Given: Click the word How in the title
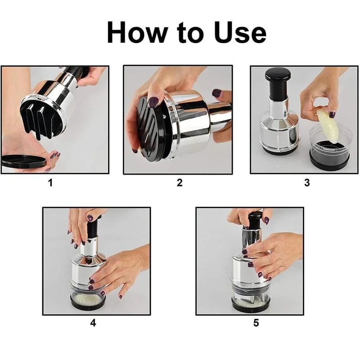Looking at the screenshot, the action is click(x=137, y=32).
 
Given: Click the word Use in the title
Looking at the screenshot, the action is click(x=240, y=32).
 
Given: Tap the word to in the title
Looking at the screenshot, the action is click(x=190, y=32).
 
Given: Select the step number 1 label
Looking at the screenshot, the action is click(x=50, y=183).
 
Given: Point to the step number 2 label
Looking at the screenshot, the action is click(x=180, y=183).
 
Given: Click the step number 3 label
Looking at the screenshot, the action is click(x=307, y=183).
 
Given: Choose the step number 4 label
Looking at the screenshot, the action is click(x=93, y=323).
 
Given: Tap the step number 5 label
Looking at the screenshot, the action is click(x=256, y=323).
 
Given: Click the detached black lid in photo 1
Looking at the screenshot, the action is click(x=23, y=162).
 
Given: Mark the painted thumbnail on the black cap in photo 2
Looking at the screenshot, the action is click(x=153, y=102).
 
